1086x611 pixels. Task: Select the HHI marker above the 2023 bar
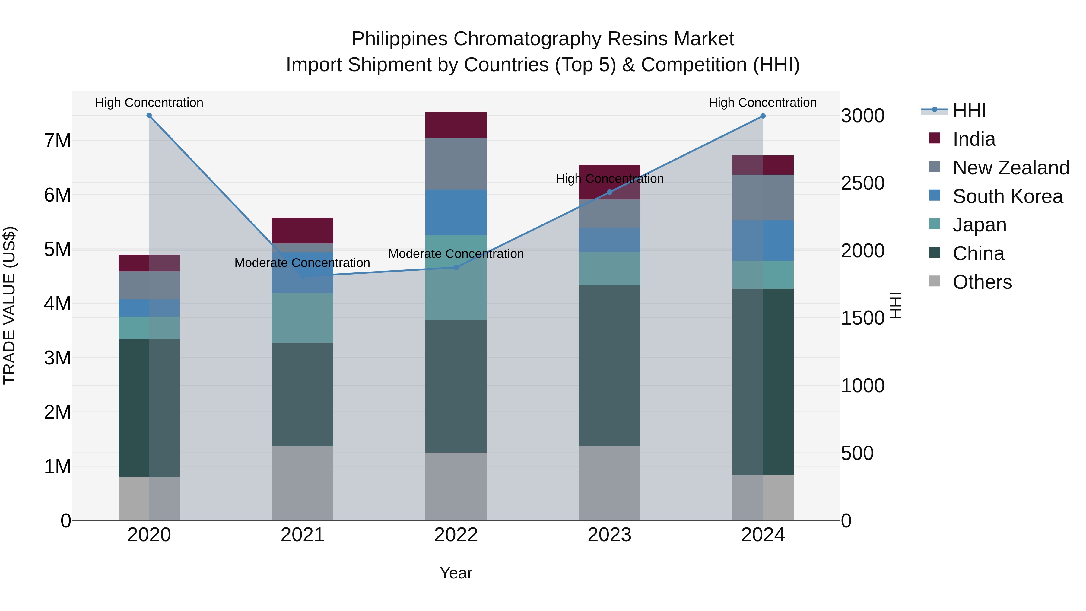pos(609,192)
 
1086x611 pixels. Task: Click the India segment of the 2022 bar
pos(456,125)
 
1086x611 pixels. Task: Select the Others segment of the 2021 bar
pos(302,483)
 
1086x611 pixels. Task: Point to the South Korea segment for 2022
pos(456,212)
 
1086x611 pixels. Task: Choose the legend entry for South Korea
pos(1008,196)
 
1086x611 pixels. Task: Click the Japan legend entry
pos(979,225)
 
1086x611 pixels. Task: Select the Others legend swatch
pos(934,281)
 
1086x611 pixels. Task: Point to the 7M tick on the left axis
pos(57,141)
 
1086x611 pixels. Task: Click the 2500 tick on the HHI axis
pos(862,183)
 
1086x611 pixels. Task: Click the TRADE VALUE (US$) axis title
pos(9,305)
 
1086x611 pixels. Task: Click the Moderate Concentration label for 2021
pos(302,263)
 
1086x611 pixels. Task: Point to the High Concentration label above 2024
pos(762,103)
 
